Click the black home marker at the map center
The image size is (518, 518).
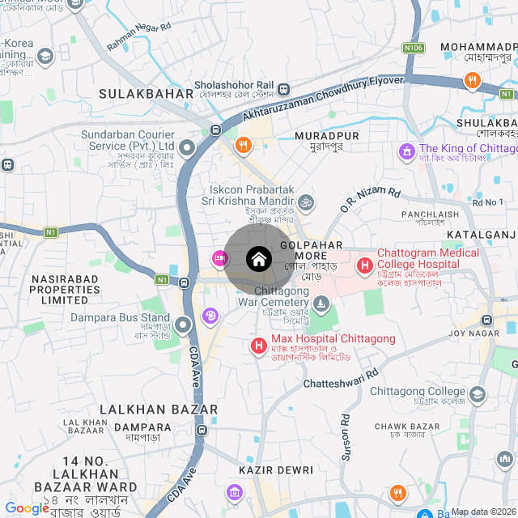pos(258,259)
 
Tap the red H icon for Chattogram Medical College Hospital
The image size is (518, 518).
pos(364,265)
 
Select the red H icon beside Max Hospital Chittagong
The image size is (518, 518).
pos(259,346)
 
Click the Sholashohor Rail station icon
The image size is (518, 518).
pos(283,89)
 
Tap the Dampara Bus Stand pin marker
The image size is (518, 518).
pos(183,325)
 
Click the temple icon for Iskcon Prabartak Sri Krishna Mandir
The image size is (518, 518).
pos(306,201)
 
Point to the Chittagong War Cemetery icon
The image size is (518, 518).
pos(323,304)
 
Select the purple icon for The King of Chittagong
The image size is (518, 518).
pos(405,151)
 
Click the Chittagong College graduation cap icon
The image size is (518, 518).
pos(478,394)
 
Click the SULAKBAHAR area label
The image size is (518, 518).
pos(146,94)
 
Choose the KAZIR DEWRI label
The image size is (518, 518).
pos(271,469)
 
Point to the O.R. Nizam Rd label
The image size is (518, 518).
pos(370,200)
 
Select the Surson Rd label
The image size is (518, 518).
pos(346,438)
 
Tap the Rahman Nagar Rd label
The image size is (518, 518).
pos(139,37)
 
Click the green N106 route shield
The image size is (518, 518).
pos(414,49)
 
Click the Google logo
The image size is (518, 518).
pos(27,507)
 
